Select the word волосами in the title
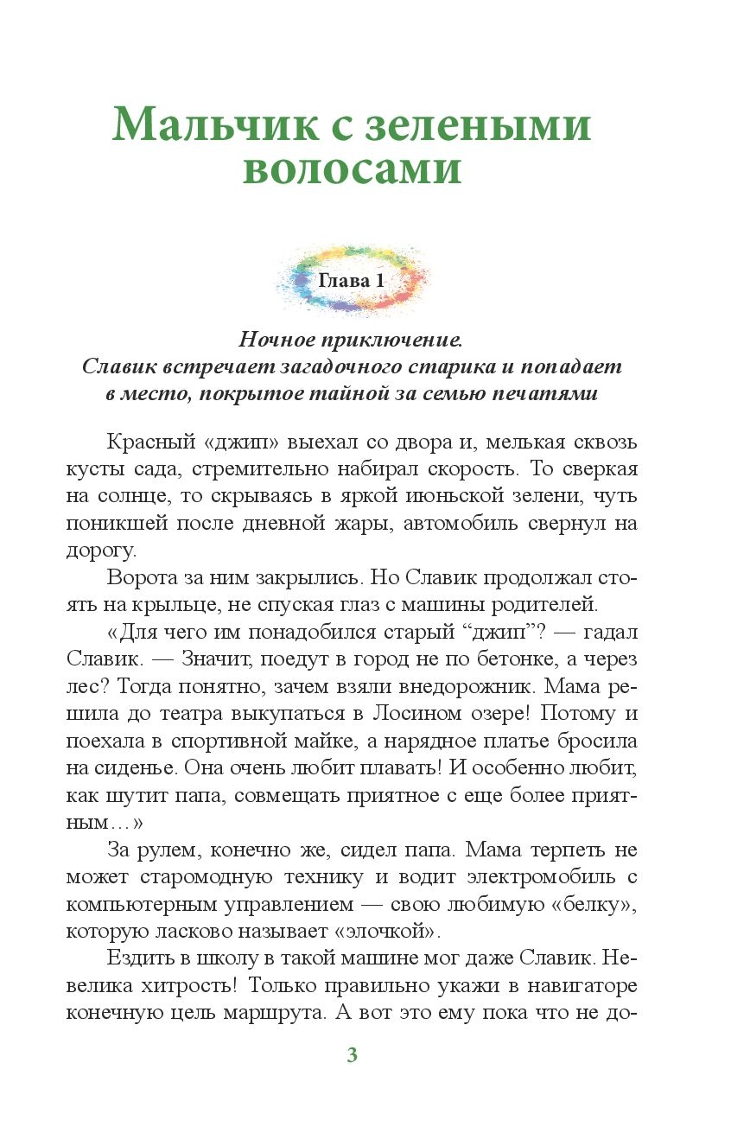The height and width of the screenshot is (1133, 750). [x=352, y=170]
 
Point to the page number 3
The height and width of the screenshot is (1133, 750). [x=352, y=1055]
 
